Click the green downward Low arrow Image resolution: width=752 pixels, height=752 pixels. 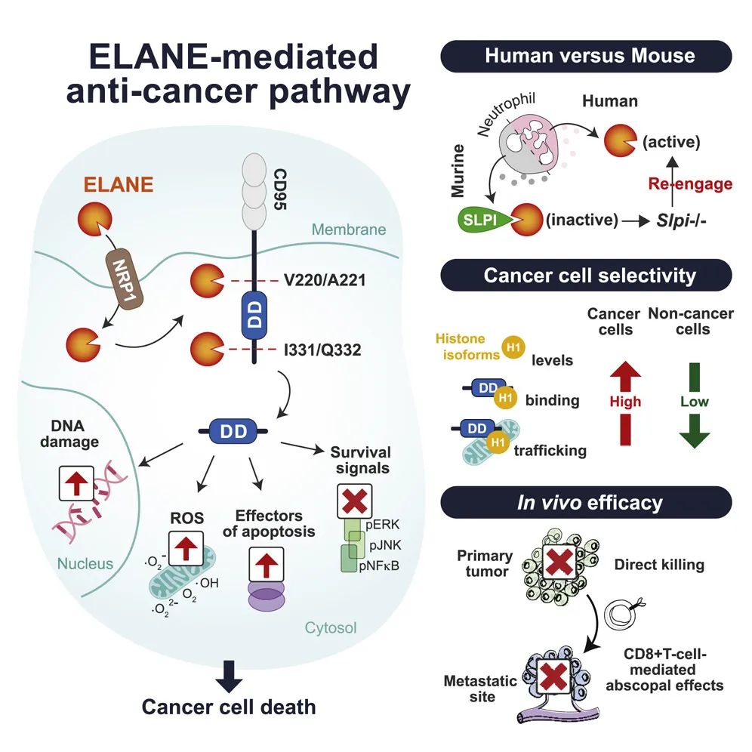(x=694, y=406)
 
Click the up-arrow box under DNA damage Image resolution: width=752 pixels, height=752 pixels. (x=77, y=485)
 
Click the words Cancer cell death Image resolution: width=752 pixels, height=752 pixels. (x=229, y=707)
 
